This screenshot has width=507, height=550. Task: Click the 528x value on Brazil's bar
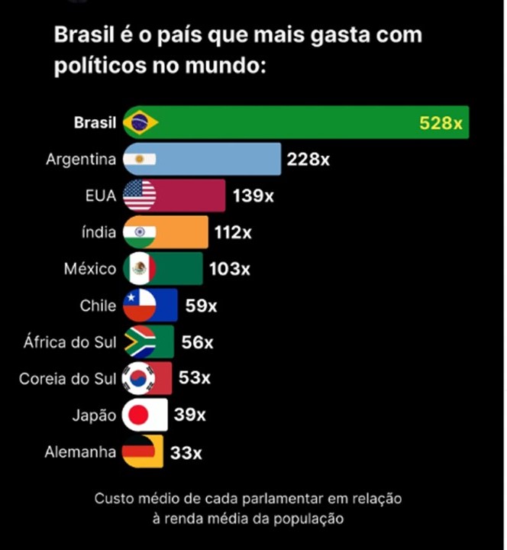[x=441, y=123]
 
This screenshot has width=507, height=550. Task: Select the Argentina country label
[x=81, y=160]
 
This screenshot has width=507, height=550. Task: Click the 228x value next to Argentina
[x=308, y=160]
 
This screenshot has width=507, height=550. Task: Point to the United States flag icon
[x=140, y=196]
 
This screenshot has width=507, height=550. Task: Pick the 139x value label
[x=253, y=196]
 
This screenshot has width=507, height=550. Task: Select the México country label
[x=91, y=269]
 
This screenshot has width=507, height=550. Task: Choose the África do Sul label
[x=70, y=342]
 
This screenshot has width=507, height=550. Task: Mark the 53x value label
[x=195, y=378]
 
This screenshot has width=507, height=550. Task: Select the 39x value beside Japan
[x=189, y=416]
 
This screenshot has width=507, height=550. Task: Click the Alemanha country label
[x=81, y=451]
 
